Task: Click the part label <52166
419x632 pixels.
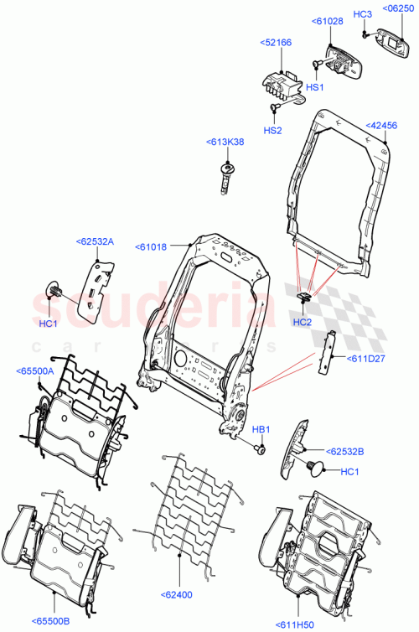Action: pos(275,42)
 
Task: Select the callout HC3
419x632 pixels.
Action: pos(362,14)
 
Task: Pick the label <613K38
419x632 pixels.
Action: pos(225,142)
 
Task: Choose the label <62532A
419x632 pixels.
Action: pos(94,242)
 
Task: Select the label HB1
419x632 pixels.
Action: pos(261,430)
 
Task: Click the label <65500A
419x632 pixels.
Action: pos(34,370)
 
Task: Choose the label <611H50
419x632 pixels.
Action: pos(295,624)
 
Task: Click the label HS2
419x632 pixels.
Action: pos(273,130)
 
